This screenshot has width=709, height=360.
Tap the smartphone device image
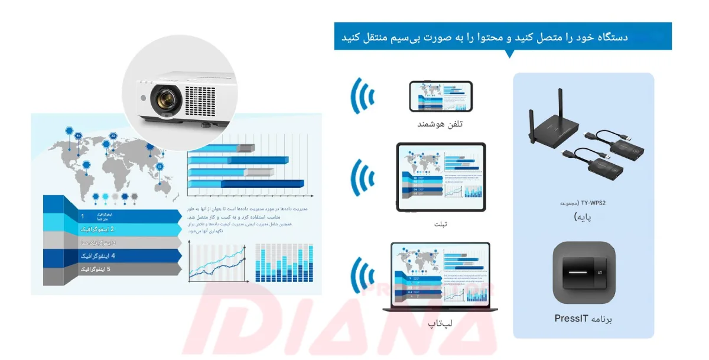tap(441, 97)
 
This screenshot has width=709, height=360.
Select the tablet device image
tap(441, 177)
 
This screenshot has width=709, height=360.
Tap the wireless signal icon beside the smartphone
tap(363, 97)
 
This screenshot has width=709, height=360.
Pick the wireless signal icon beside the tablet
tap(363, 177)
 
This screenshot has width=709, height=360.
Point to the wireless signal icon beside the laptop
tap(363, 275)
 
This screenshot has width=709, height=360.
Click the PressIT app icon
tap(584, 273)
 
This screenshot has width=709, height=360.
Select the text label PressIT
tap(571, 319)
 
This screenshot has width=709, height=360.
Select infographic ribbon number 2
tap(112, 229)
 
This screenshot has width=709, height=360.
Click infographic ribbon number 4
tap(112, 256)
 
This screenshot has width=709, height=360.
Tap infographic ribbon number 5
tap(112, 270)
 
